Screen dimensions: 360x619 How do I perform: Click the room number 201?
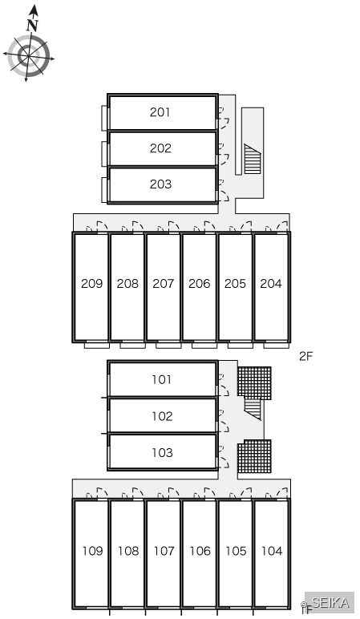160,112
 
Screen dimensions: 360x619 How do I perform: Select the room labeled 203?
160,184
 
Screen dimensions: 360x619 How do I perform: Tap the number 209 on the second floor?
91,284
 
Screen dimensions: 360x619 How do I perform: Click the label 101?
162,380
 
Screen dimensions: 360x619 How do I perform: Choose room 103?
162,452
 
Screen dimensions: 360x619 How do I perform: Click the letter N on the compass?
32,26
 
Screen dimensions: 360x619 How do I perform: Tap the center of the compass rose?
29,56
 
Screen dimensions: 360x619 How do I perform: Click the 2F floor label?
306,357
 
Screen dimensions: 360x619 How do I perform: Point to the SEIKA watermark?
330,602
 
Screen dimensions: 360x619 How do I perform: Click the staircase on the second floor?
253,159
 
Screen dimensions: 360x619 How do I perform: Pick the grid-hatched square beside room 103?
254,456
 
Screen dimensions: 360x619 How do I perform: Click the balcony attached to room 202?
104,154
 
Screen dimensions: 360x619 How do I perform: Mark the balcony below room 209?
97,345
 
